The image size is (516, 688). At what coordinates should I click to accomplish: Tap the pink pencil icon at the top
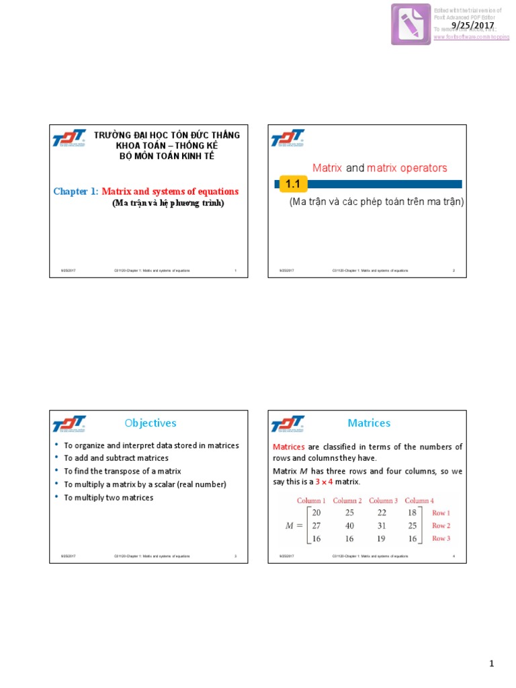(x=411, y=24)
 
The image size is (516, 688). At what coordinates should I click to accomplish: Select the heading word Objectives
(x=150, y=423)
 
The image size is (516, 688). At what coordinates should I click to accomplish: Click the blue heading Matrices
(x=369, y=423)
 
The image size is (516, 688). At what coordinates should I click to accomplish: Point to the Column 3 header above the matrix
(x=383, y=501)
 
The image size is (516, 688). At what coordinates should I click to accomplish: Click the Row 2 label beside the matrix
(x=441, y=525)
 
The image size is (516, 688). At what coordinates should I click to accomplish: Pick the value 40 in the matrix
(x=349, y=525)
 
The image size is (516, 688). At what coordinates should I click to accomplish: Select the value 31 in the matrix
(x=382, y=525)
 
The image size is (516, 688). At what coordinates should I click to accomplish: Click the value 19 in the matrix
(x=382, y=539)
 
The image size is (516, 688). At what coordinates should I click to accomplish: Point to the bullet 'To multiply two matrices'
(x=108, y=498)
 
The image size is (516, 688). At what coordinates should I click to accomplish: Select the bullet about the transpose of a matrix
(x=122, y=471)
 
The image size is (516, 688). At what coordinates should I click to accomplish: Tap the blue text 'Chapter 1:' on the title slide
(x=76, y=191)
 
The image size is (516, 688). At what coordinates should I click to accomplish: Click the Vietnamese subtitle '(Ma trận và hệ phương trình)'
(x=167, y=203)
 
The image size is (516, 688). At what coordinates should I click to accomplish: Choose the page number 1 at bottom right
(x=492, y=664)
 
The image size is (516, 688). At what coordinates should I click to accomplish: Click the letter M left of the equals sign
(x=290, y=525)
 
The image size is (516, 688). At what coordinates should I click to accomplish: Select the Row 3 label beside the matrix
(x=441, y=539)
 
